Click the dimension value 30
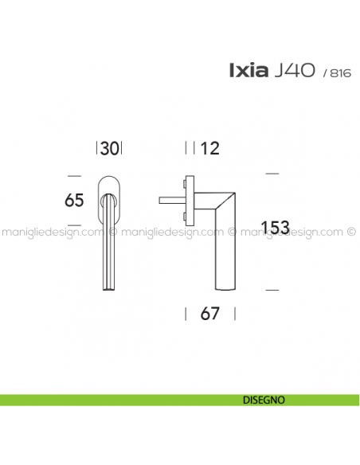coord(111,147)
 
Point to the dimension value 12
coord(210,147)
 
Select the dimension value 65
coord(74,201)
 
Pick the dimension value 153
coord(275,228)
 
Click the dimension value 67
coord(209,313)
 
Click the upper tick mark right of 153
coord(272,173)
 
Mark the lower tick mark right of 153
coord(272,288)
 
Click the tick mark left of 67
coord(186,313)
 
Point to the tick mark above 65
coord(74,174)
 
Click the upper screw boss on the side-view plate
coord(187,186)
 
